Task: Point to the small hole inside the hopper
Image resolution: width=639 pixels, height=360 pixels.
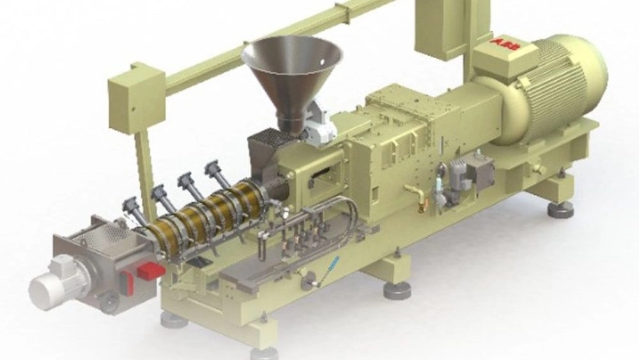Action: click(322, 63)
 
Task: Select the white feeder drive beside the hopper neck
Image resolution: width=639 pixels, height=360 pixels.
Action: click(319, 122)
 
